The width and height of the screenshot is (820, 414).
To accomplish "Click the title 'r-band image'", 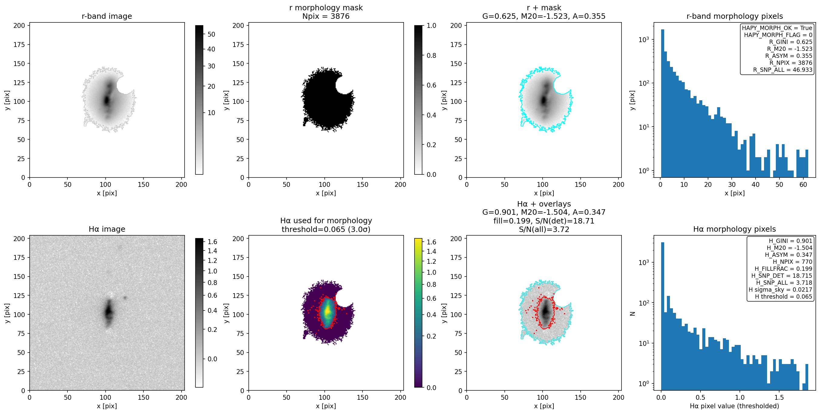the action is tap(107, 16).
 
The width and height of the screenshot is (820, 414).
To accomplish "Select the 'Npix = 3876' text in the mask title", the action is tap(326, 16).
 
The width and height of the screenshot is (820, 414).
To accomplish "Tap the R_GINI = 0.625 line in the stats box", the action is tap(790, 42).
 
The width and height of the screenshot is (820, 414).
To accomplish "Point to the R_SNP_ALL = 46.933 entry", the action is tap(782, 70).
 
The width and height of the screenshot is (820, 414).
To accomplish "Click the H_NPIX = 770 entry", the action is tap(792, 262).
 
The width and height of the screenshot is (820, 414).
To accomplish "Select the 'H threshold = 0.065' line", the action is tap(783, 297).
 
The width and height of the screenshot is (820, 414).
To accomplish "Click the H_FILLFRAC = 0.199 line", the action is tap(783, 269).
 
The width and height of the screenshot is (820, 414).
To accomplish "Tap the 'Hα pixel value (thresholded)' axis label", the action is tap(734, 406).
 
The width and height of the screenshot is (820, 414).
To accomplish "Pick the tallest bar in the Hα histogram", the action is tap(662, 316).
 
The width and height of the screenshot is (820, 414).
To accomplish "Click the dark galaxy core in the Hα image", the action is tap(109, 311).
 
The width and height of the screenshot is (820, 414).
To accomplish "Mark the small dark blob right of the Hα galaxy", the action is tap(125, 298).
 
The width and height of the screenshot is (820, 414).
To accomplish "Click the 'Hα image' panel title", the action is tap(107, 229).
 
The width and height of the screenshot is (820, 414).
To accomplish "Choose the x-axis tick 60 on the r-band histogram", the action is tap(803, 184).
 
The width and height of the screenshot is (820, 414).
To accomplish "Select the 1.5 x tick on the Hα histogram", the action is tap(779, 397).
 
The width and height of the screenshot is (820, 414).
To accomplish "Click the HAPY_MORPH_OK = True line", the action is tap(777, 28).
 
